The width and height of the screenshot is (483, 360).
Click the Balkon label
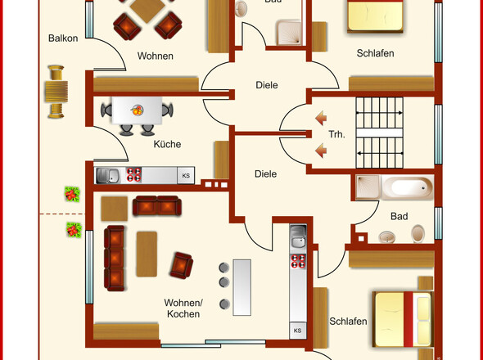click(x=63, y=38)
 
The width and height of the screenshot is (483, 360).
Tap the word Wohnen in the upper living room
click(x=156, y=56)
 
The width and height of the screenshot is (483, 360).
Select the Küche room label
click(x=167, y=144)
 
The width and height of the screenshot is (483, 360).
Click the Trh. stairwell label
click(x=336, y=134)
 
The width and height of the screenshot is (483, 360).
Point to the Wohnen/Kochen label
click(x=183, y=308)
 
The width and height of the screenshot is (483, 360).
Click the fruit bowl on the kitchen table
click(x=137, y=110)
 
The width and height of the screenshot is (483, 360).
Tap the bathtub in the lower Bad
click(x=408, y=187)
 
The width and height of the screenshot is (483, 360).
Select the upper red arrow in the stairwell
click(x=321, y=118)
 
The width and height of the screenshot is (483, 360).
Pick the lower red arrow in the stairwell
click(x=321, y=151)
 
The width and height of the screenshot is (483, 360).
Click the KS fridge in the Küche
click(x=186, y=176)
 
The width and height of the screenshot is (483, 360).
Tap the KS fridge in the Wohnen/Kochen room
click(x=297, y=331)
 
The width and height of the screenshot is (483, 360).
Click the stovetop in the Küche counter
click(x=134, y=174)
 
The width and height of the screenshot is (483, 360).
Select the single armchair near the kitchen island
click(x=182, y=265)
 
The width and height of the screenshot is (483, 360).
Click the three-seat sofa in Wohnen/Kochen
click(x=115, y=258)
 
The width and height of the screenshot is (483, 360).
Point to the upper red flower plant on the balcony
click(x=72, y=194)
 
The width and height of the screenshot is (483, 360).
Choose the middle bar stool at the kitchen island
click(x=224, y=281)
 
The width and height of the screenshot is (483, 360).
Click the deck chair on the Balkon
click(x=56, y=92)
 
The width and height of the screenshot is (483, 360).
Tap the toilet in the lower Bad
click(x=418, y=233)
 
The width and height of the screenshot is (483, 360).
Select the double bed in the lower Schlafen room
click(x=403, y=319)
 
